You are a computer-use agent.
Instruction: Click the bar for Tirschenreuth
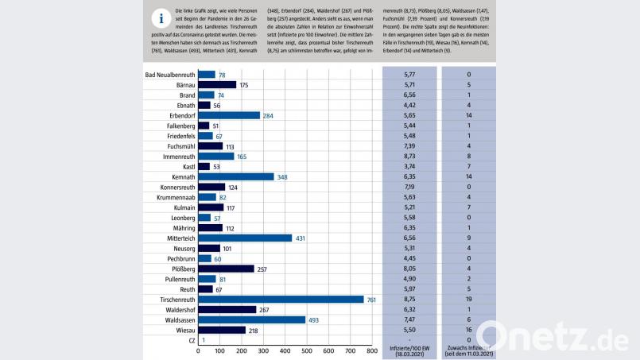[x=281, y=300]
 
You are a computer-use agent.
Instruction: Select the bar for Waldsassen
[x=251, y=319]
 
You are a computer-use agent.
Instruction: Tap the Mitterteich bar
[x=244, y=238]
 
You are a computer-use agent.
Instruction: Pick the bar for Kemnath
[x=235, y=176]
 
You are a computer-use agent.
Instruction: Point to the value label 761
[x=371, y=300]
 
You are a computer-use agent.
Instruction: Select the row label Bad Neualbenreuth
[x=170, y=75]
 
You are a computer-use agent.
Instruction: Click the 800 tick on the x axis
[x=370, y=350]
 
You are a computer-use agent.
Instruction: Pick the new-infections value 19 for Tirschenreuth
[x=470, y=300]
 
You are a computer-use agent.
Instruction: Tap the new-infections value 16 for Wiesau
[x=470, y=330]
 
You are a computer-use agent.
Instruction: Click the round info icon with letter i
[x=161, y=18]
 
